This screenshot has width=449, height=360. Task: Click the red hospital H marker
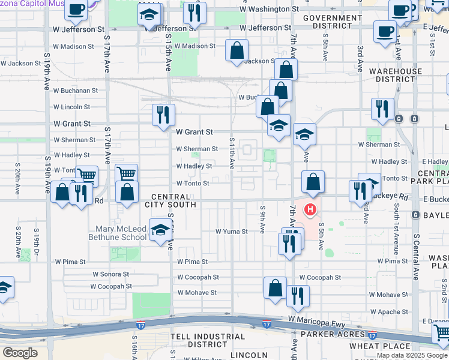click(x=310, y=209)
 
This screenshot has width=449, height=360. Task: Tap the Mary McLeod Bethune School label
click(x=121, y=233)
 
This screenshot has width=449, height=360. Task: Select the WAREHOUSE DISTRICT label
click(x=396, y=75)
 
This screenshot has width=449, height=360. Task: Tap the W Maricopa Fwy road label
click(x=316, y=322)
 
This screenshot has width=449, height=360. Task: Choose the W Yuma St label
click(x=231, y=231)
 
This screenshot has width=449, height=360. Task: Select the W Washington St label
click(x=269, y=10)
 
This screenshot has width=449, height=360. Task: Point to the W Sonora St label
click(x=110, y=274)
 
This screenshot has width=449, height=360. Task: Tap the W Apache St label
click(x=390, y=312)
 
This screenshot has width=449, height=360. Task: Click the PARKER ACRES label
click(x=333, y=334)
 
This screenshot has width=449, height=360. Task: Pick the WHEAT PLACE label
click(x=388, y=346)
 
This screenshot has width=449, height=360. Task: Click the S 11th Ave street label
click(x=232, y=153)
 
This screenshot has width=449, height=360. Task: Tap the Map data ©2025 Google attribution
click(x=412, y=355)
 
